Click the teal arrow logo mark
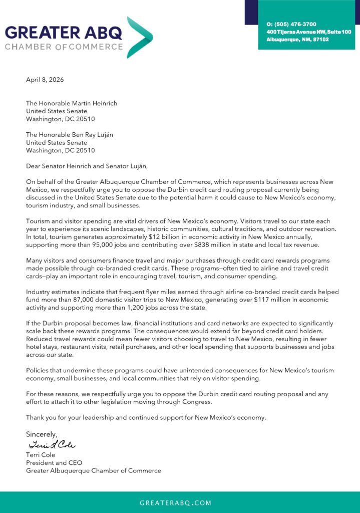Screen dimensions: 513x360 pos(140,37)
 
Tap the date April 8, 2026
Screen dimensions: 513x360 pos(45,80)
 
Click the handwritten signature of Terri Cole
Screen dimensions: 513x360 pos(52,445)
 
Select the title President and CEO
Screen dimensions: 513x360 pos(54,463)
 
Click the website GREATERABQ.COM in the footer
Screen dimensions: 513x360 pos(175,502)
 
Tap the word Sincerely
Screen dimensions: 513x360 pos(42,434)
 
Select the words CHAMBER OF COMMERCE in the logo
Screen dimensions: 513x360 pos(64,47)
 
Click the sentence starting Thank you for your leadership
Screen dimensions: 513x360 pos(146,417)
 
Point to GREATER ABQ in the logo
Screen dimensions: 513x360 pos(64,33)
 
